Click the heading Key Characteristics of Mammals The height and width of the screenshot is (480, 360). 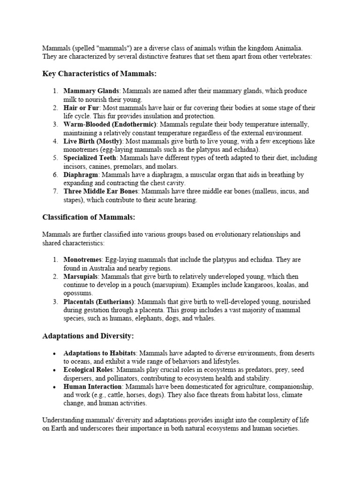pos(99,74)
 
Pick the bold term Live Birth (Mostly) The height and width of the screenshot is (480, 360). pos(93,141)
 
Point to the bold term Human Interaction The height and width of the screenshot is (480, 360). pos(93,386)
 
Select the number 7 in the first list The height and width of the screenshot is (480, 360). pos(55,192)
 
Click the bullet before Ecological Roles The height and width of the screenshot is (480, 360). pos(55,369)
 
